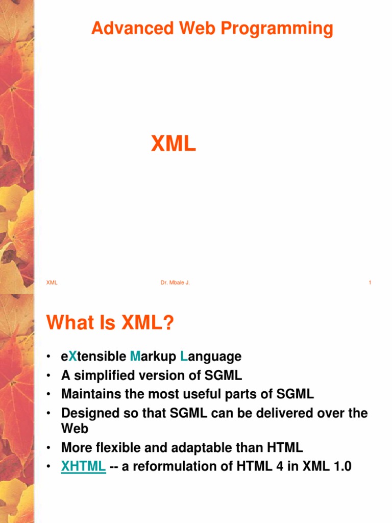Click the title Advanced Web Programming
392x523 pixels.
[212, 29]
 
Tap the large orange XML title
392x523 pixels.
[174, 145]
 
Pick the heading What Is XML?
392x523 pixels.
[110, 323]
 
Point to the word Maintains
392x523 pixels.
[91, 394]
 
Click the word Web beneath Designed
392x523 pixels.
[75, 429]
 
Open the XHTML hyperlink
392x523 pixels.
[83, 466]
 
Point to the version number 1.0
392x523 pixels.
[341, 466]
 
